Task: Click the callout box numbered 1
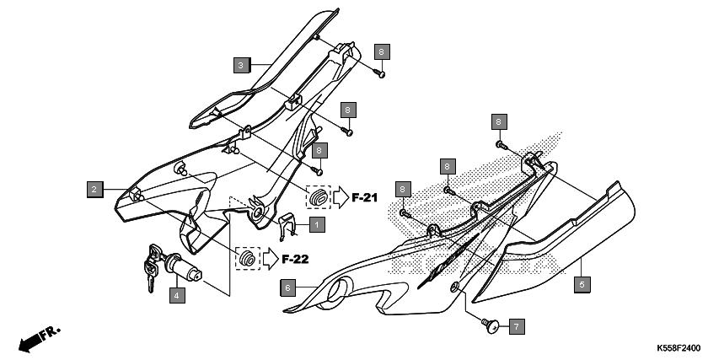[x=317, y=224]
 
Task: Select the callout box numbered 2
[x=94, y=189]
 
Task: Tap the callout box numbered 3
[x=241, y=66]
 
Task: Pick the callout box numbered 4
[x=177, y=295]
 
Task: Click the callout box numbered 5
[x=582, y=285]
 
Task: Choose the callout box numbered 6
[x=288, y=287]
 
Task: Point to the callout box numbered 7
[x=517, y=326]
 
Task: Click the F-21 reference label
[x=364, y=197]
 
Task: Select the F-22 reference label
[x=295, y=260]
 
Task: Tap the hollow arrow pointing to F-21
[x=341, y=197]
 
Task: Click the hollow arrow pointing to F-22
[x=271, y=260]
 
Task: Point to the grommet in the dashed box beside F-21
[x=319, y=197]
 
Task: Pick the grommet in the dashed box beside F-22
[x=248, y=259]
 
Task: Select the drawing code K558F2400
[x=678, y=348]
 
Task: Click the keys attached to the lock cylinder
[x=153, y=267]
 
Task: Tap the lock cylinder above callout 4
[x=183, y=270]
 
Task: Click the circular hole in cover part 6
[x=338, y=290]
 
